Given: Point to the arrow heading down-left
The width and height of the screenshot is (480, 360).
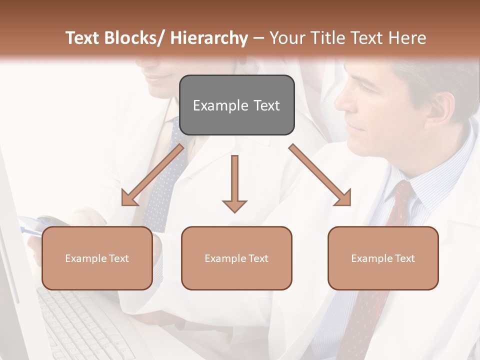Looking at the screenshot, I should [x=152, y=175].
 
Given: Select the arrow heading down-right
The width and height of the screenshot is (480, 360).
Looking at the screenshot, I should [x=320, y=175].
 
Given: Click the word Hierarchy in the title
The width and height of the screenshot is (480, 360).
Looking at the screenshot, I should [x=208, y=38].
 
